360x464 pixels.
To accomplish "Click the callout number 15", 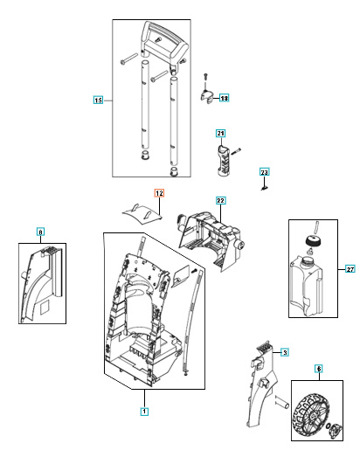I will [98, 101].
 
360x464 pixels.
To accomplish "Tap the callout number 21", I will [221, 133].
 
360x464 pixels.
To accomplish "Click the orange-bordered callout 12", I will [159, 193].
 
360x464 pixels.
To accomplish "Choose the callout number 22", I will [221, 200].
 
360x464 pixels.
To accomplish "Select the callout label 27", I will [350, 268].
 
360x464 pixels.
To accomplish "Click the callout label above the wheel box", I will [319, 371].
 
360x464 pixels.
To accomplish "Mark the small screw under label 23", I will [265, 185].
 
